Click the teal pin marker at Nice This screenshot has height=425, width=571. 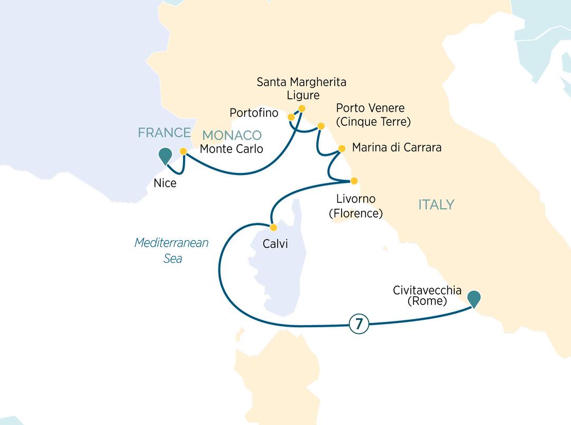click(x=165, y=155)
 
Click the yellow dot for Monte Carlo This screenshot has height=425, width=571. click(x=183, y=151)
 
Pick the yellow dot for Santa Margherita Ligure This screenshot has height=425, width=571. click(x=302, y=109)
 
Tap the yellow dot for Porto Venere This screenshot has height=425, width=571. click(x=320, y=126)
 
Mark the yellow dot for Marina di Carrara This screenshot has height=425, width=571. click(x=341, y=149)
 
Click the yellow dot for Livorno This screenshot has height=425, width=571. click(x=355, y=180)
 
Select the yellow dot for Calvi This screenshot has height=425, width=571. click(x=273, y=228)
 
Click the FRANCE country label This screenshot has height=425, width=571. click(x=164, y=133)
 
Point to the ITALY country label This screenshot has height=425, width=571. click(x=436, y=205)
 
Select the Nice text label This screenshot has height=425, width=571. click(x=164, y=184)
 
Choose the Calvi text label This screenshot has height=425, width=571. click(x=275, y=245)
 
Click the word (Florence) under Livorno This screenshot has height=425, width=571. click(x=355, y=213)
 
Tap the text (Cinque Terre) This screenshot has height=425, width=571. click(x=373, y=122)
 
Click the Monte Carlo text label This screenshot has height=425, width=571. click(x=231, y=149)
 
